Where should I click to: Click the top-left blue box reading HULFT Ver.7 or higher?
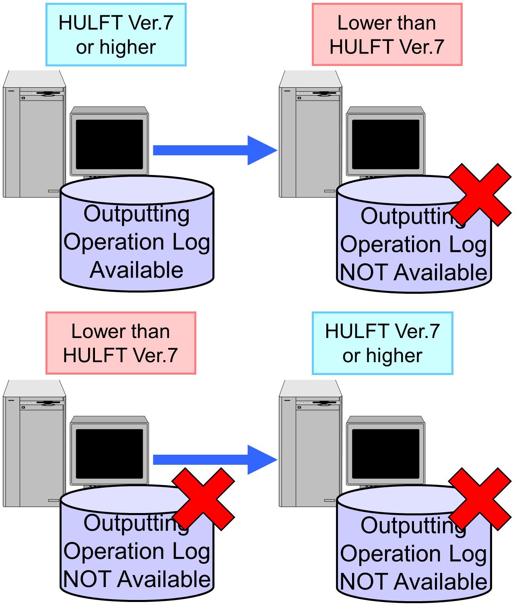click(116, 35)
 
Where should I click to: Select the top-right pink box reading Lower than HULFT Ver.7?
click(387, 35)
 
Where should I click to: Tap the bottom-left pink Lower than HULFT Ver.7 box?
click(121, 343)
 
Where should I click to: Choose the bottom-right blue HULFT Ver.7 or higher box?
click(383, 343)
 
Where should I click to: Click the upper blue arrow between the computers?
click(215, 150)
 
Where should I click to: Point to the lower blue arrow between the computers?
click(215, 460)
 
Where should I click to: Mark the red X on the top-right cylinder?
click(480, 195)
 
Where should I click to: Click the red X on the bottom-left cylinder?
click(203, 499)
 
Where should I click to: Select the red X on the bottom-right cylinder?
click(480, 499)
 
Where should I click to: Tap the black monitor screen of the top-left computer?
click(109, 144)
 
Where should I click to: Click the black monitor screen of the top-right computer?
click(385, 144)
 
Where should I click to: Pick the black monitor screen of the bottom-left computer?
click(109, 454)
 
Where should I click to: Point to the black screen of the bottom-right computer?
click(385, 454)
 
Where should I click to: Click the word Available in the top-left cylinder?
click(136, 270)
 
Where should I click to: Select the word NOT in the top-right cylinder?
click(363, 272)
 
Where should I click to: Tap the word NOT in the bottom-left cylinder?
click(87, 579)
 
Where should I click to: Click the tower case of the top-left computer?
click(34, 134)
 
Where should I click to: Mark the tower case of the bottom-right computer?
click(310, 443)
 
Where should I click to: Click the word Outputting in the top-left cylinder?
click(136, 214)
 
